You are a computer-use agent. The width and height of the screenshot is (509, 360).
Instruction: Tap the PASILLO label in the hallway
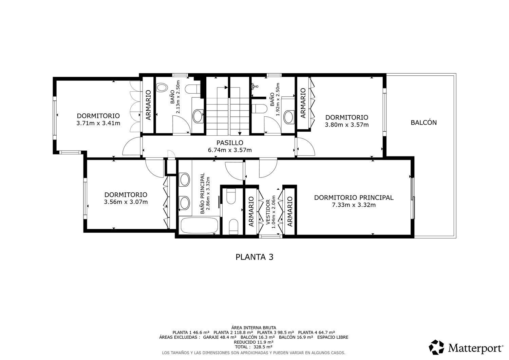[x=230, y=143]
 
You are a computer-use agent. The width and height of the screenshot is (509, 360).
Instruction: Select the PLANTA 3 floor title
[x=254, y=257]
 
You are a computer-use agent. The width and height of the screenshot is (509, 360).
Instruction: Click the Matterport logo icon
[x=436, y=347]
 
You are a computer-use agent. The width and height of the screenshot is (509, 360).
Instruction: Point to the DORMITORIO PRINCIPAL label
[x=354, y=198]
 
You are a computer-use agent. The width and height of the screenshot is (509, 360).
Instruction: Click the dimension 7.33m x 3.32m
[x=354, y=205]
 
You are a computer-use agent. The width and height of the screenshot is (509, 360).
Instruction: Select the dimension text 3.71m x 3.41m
[x=98, y=124]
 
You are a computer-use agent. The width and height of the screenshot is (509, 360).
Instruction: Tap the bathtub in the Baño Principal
[x=200, y=225]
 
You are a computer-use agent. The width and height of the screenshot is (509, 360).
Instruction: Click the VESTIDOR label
[x=268, y=212]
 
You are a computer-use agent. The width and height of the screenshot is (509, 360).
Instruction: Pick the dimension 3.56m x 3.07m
[x=126, y=202]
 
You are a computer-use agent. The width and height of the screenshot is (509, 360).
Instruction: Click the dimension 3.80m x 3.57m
[x=347, y=125]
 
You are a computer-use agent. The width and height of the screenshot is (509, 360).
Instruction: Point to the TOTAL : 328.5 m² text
[x=253, y=347]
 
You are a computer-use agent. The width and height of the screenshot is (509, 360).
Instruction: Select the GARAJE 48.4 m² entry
[x=220, y=337]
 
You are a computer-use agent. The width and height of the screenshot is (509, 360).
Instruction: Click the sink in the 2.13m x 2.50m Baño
[x=198, y=116]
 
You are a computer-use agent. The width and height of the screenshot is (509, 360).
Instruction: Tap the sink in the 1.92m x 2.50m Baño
[x=288, y=117]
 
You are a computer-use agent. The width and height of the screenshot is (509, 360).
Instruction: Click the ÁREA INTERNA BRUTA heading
[x=253, y=328]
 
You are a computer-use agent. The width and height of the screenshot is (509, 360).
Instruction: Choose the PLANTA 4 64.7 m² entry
[x=317, y=333]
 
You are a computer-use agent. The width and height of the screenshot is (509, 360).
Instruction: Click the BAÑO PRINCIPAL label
[x=202, y=193]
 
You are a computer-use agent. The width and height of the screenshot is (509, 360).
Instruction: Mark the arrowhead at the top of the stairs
[x=226, y=87]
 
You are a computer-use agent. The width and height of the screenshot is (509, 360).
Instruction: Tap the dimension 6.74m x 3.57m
[x=230, y=150]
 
